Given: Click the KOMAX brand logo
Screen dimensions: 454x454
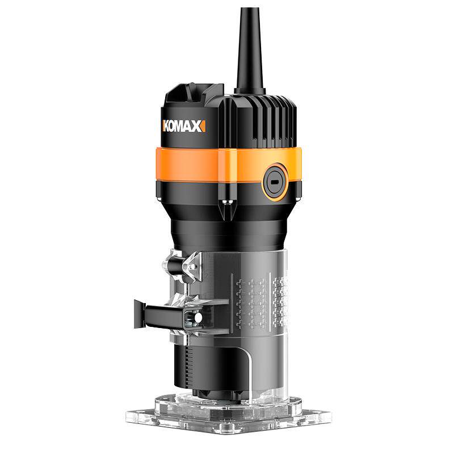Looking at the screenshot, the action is [184, 126].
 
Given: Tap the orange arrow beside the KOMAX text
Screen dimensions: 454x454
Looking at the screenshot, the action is [203, 126].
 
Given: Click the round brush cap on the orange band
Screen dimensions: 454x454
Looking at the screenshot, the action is [276, 182].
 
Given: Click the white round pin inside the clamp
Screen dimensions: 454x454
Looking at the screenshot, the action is [198, 318].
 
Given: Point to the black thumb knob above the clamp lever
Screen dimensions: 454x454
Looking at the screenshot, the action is [175, 264].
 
